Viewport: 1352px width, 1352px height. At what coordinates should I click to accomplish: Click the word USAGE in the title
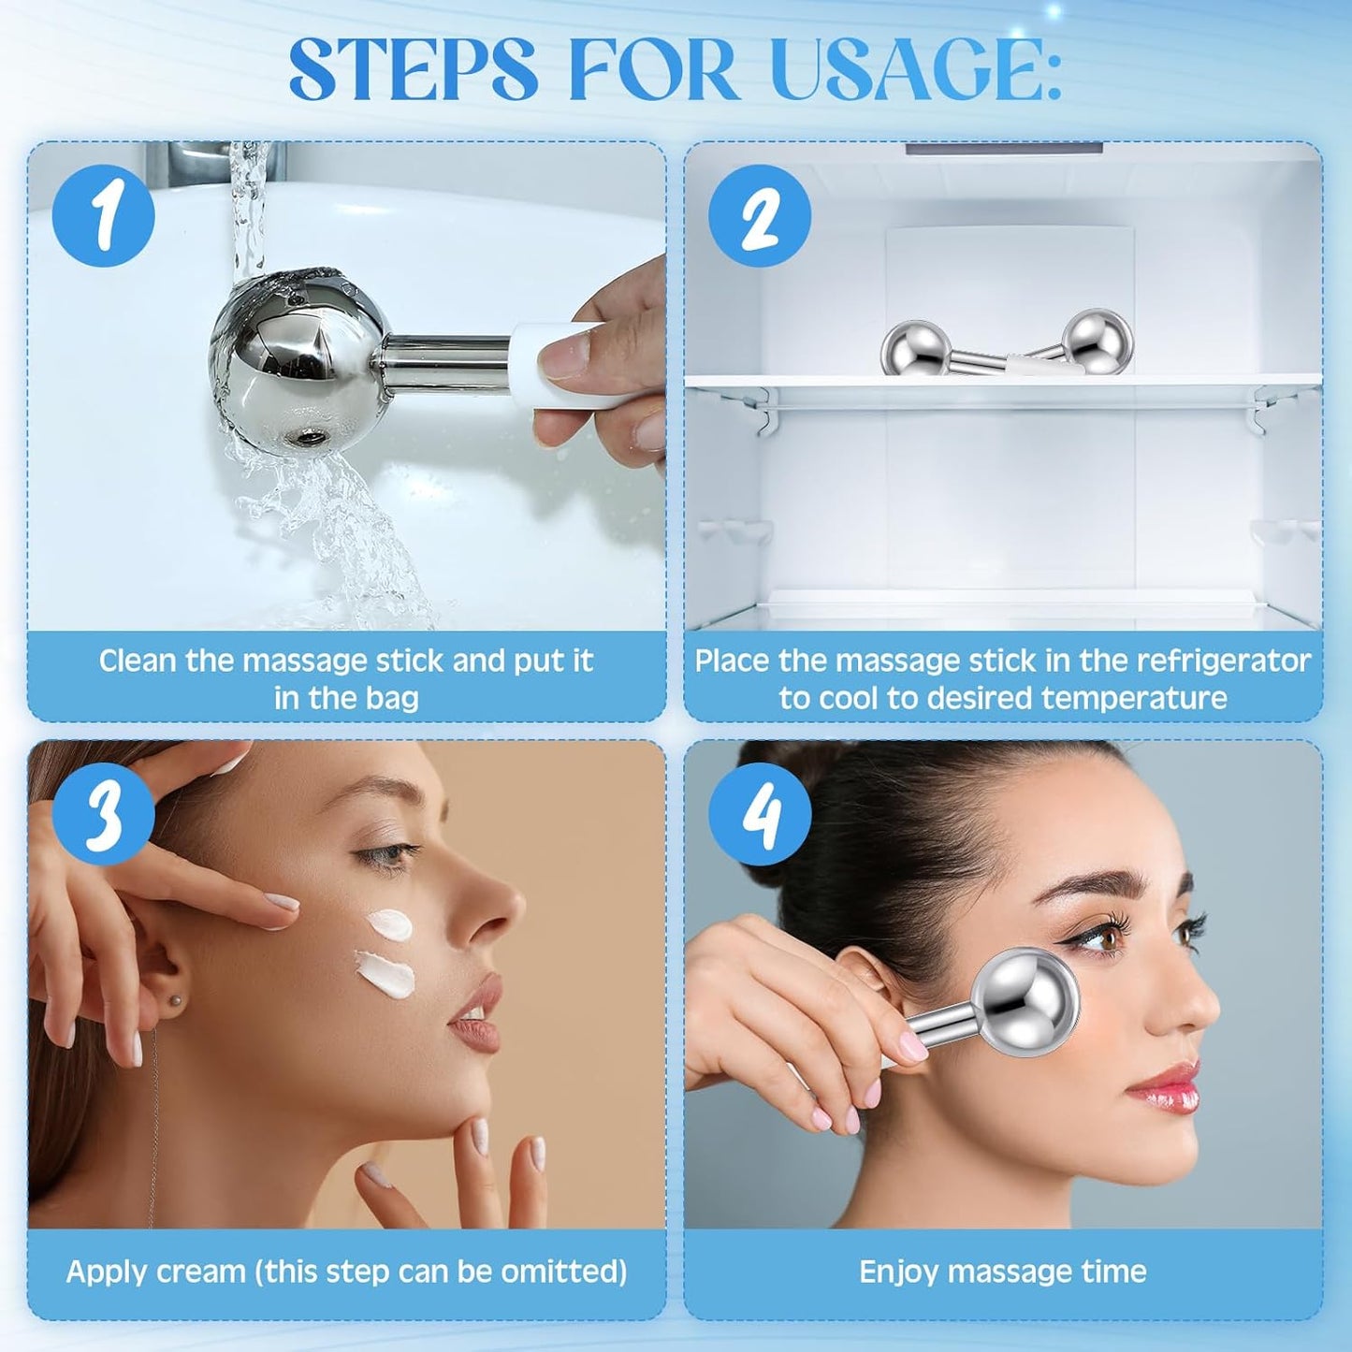click(x=912, y=70)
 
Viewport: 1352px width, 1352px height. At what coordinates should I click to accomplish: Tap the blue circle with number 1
click(x=103, y=215)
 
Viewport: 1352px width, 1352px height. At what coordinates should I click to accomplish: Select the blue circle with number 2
click(x=760, y=215)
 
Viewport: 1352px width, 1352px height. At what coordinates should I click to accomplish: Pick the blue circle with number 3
click(x=103, y=813)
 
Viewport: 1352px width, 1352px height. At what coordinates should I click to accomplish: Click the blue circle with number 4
click(x=760, y=813)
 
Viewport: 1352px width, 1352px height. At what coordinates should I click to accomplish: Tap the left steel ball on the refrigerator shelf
click(x=915, y=348)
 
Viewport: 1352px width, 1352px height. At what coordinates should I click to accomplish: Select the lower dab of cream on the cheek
click(x=386, y=973)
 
